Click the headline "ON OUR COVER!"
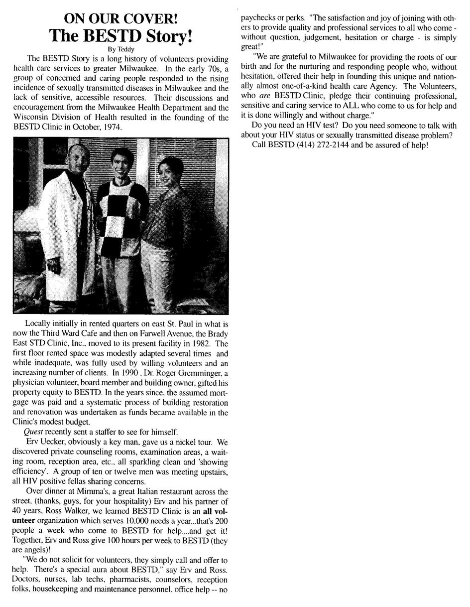click(120, 19)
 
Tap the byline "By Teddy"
click(120, 49)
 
